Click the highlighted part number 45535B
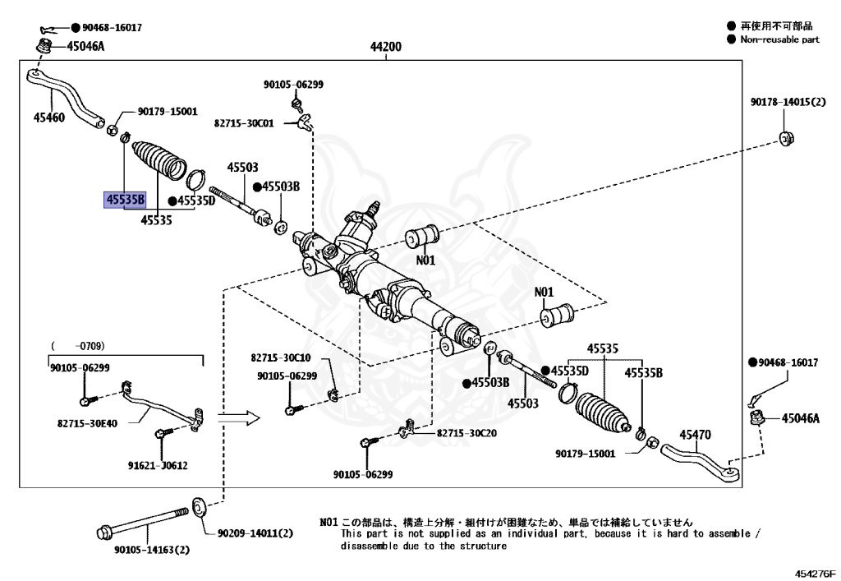coord(124,200)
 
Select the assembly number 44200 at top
coord(386,47)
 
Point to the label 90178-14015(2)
coord(788,103)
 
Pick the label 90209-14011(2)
coord(255,533)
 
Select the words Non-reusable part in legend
coord(779,39)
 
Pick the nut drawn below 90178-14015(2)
coord(785,137)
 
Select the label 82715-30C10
coord(281,358)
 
